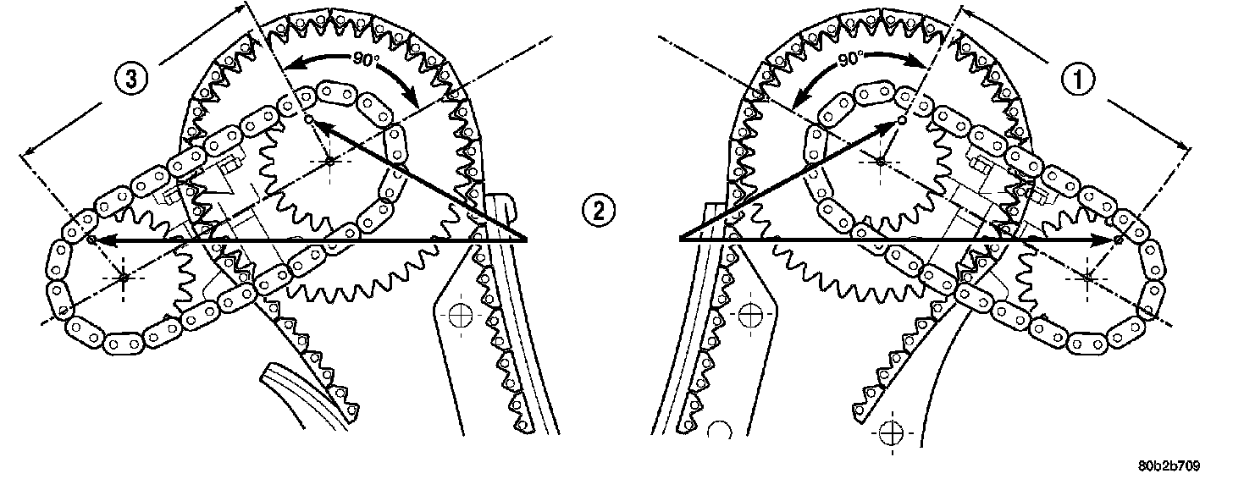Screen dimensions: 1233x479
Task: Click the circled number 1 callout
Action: (1077, 80)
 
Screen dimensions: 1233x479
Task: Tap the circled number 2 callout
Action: (598, 209)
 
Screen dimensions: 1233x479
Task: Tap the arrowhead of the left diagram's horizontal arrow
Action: (95, 241)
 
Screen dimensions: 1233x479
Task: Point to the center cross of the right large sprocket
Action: (881, 160)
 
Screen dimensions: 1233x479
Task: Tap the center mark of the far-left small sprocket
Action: (124, 276)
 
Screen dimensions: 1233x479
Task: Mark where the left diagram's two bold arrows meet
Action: (527, 241)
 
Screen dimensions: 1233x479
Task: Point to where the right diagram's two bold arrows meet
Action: (681, 241)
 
